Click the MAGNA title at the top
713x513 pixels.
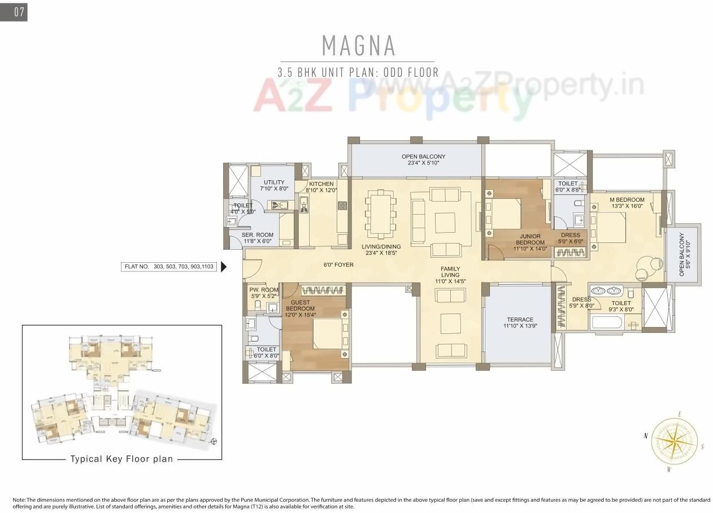(358, 45)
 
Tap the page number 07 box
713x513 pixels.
(14, 12)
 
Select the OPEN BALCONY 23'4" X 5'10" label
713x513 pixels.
(423, 160)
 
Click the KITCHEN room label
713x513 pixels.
(321, 187)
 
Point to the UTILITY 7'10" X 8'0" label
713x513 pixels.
(273, 186)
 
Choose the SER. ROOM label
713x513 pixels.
(257, 238)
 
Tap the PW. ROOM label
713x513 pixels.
(264, 293)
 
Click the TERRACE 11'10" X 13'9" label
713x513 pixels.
(519, 323)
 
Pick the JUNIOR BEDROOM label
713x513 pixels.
(529, 240)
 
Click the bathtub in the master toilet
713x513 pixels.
(606, 323)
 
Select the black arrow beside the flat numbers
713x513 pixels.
(224, 266)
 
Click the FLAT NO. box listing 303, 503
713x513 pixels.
(169, 266)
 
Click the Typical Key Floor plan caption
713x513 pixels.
(121, 459)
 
